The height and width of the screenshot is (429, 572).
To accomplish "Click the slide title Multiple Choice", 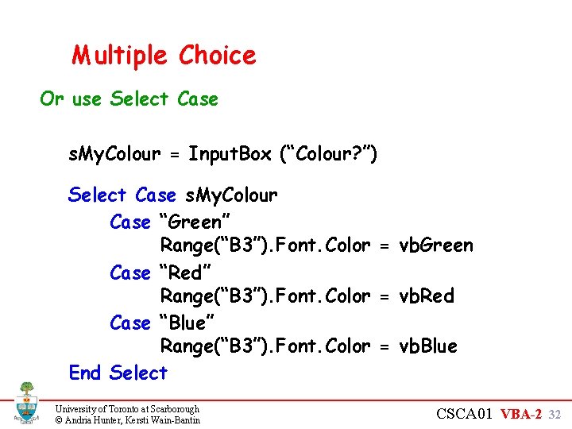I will pyautogui.click(x=164, y=56).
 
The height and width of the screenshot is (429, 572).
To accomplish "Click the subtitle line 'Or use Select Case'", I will pyautogui.click(x=129, y=99).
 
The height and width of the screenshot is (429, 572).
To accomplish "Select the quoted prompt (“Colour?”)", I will pyautogui.click(x=328, y=154).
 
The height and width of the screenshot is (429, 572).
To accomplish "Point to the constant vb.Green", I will pyautogui.click(x=435, y=245).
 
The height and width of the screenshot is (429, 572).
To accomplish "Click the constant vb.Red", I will pyautogui.click(x=426, y=296).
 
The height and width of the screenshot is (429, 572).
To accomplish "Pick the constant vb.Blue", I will pyautogui.click(x=427, y=346).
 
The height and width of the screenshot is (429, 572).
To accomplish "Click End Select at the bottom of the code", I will pyautogui.click(x=118, y=373).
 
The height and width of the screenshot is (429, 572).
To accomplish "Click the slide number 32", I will pyautogui.click(x=555, y=414).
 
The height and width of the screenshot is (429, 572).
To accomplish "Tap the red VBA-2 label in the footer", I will pyautogui.click(x=522, y=414).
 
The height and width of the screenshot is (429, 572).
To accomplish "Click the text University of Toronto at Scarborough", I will pyautogui.click(x=127, y=408).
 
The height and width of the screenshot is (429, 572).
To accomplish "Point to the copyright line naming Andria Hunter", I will pyautogui.click(x=127, y=419).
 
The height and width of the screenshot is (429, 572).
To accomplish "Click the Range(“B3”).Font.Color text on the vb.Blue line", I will pyautogui.click(x=265, y=346).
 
